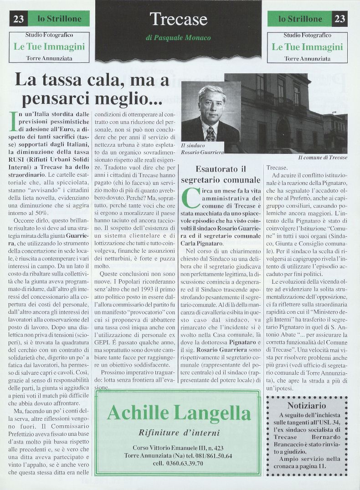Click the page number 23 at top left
19,19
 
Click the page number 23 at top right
339,19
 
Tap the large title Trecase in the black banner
178,19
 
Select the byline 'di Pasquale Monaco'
178,39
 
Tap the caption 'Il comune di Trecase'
323,157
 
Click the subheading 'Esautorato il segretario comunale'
221,174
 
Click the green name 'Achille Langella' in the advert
179,413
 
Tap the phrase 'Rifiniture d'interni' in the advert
179,432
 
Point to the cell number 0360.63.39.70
178,463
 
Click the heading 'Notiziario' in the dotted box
306,405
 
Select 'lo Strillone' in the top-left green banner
59,19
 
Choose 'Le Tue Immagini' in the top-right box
307,47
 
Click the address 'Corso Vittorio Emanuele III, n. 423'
178,448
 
